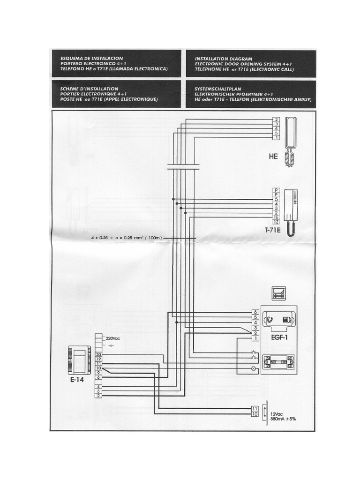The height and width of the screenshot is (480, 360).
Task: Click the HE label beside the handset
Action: [x=273, y=157]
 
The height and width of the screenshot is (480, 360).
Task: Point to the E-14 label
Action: [x=77, y=381]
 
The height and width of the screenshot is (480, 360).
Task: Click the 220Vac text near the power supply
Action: [x=113, y=338]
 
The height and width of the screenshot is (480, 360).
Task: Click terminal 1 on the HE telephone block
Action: [x=277, y=137]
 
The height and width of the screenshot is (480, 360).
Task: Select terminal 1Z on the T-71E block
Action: [x=277, y=222]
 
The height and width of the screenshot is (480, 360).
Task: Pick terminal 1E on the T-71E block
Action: [x=277, y=217]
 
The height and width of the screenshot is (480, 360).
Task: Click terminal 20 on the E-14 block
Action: [x=98, y=354]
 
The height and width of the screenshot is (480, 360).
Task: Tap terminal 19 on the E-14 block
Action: [x=98, y=359]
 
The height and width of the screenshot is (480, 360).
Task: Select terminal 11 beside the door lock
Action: [x=255, y=408]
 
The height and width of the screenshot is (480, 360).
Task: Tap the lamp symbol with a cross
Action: [x=254, y=369]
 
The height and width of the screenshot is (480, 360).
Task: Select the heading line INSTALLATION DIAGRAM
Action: [x=223, y=59]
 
